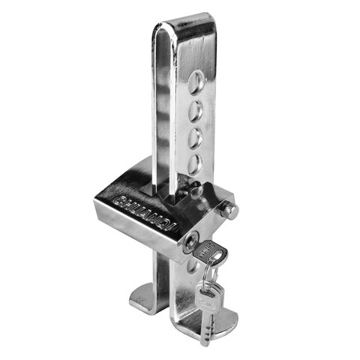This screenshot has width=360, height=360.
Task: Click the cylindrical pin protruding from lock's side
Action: tap(229, 211)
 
